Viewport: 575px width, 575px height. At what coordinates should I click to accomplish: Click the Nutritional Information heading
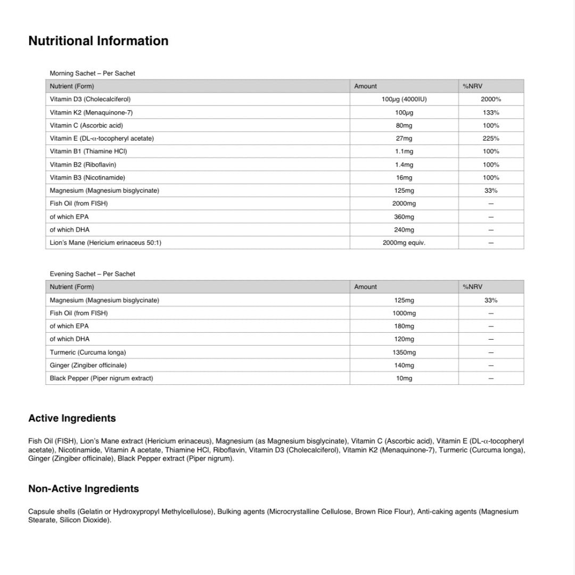coord(98,41)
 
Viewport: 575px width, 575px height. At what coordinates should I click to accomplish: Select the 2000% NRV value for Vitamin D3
coord(490,99)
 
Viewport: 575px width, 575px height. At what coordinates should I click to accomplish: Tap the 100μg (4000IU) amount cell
coord(404,99)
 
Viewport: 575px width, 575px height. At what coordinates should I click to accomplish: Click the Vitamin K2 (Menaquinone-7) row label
coord(91,112)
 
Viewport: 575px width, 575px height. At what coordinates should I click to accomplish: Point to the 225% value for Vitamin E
coord(490,138)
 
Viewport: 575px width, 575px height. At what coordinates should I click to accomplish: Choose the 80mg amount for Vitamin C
coord(404,126)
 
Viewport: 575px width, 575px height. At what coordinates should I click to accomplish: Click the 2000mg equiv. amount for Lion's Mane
coord(404,243)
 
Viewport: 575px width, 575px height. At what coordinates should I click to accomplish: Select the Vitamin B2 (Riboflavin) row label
coord(83,165)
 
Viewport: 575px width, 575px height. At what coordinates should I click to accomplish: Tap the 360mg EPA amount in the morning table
coord(404,217)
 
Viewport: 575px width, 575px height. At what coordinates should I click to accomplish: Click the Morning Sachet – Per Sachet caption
coord(92,73)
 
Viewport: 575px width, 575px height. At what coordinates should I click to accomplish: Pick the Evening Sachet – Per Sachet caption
coord(92,274)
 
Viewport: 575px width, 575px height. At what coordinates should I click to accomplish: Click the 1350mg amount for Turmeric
coord(404,352)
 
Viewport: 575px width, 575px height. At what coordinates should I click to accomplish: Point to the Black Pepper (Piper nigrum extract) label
coord(101,378)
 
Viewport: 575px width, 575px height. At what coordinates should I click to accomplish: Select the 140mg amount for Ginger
coord(404,365)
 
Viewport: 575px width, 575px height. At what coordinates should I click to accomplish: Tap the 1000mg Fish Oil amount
coord(404,313)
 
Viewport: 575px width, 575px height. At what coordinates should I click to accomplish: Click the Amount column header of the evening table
coord(365,287)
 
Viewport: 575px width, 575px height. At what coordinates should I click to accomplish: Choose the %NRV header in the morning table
coord(472,86)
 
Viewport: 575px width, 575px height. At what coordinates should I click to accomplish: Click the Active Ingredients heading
coord(72,418)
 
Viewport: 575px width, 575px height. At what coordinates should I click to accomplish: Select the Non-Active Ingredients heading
coord(83,489)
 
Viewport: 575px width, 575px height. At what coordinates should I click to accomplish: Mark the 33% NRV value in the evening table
coord(490,300)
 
